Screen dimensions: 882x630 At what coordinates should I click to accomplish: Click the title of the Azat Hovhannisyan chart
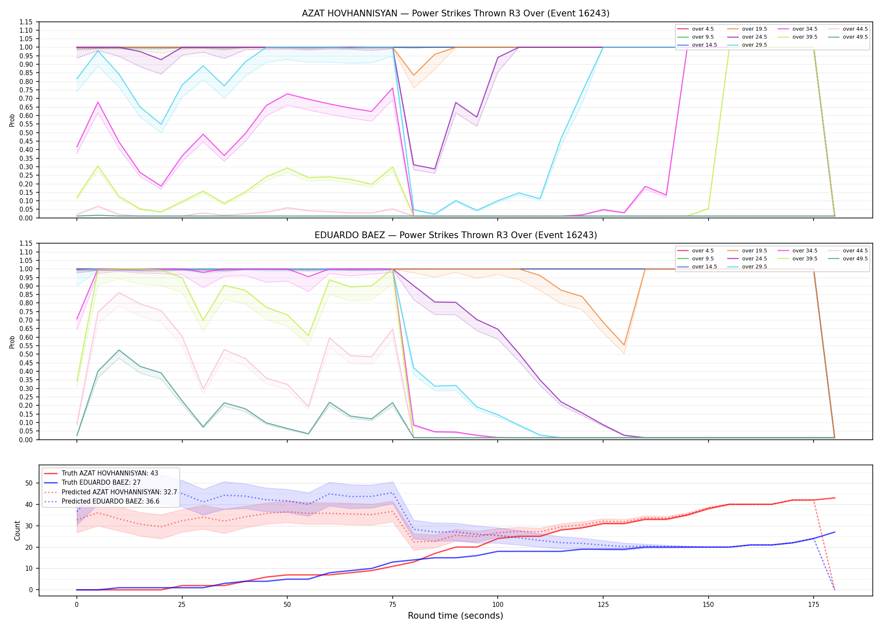[456, 13]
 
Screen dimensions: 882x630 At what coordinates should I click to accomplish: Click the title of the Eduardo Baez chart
[456, 235]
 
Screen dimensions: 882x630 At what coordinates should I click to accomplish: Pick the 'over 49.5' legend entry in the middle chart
[848, 259]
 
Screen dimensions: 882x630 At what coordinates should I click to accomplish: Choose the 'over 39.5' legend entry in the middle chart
[798, 259]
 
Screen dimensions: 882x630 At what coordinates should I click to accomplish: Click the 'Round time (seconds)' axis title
[455, 616]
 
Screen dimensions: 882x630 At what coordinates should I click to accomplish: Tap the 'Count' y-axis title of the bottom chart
[17, 530]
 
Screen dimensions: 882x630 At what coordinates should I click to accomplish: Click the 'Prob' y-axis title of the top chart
[12, 120]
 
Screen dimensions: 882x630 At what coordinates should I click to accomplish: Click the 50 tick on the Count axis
[29, 483]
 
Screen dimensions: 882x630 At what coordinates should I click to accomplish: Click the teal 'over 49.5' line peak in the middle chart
[119, 350]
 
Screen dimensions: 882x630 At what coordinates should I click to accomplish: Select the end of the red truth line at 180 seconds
[835, 498]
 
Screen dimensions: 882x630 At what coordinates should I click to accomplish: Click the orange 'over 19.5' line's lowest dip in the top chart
[414, 76]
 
